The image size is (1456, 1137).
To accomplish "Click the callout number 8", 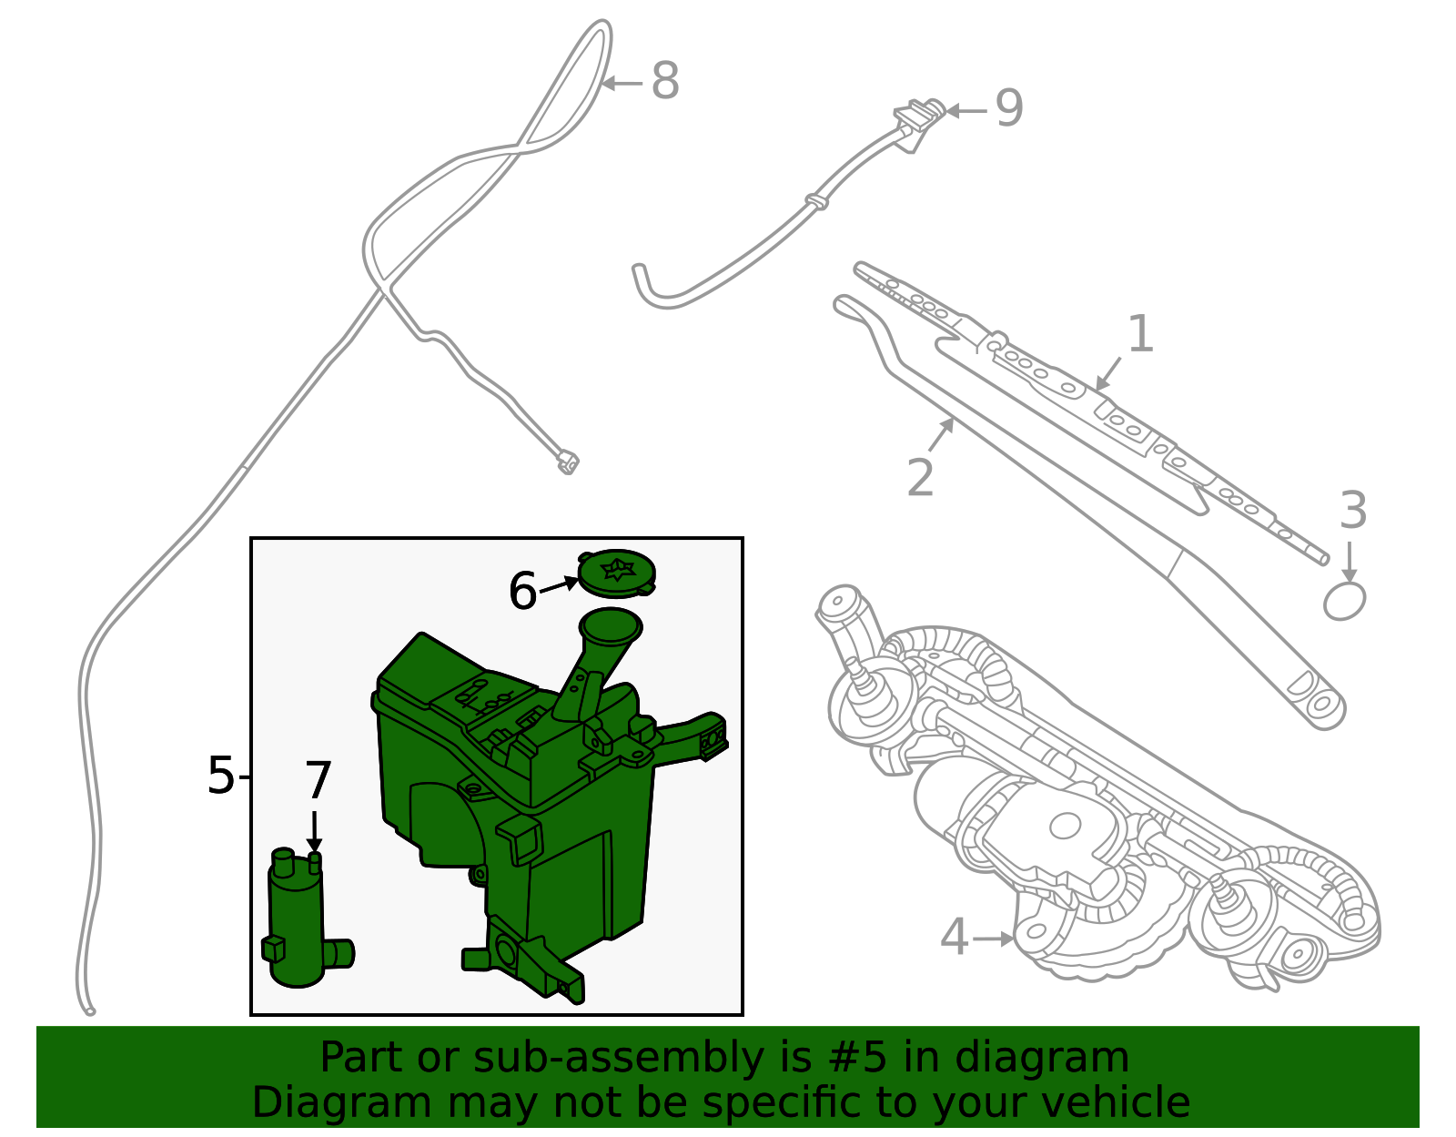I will tap(665, 82).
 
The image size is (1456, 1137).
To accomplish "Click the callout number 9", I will tap(1008, 109).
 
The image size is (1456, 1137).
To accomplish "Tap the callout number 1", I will tap(1140, 335).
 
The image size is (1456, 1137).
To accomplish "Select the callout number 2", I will tap(920, 478).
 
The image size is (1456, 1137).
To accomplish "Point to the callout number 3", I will tap(1353, 512).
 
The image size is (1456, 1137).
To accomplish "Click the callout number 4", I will tap(953, 938).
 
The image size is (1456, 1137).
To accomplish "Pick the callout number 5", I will tap(220, 777).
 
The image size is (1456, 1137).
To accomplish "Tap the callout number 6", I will tap(522, 592).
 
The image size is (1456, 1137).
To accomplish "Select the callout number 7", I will tap(318, 781).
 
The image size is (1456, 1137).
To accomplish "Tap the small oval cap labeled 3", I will tap(1344, 602).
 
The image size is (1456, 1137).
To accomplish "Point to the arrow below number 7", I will tap(315, 831).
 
